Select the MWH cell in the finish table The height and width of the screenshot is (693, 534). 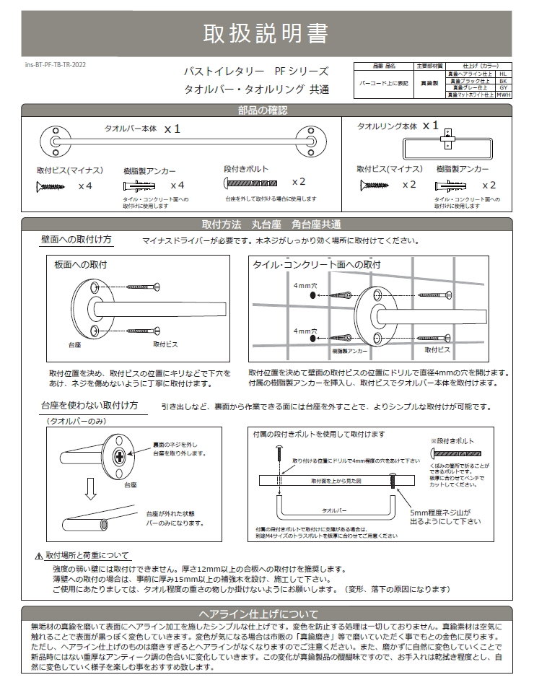(x=503, y=95)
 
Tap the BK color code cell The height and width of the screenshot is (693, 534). (x=503, y=80)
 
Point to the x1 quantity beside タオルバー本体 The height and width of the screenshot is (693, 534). (x=172, y=128)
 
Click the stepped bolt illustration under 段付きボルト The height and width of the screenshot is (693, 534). (x=251, y=183)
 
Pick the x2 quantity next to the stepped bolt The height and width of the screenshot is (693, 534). (x=299, y=182)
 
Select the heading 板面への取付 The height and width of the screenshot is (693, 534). (x=81, y=265)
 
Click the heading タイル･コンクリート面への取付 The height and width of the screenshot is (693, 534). (x=317, y=264)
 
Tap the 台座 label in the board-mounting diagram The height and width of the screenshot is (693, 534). (x=74, y=346)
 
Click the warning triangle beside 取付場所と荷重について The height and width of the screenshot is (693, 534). (x=39, y=556)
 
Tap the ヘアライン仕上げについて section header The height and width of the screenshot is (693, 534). (x=266, y=613)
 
